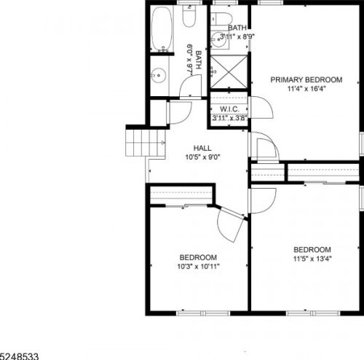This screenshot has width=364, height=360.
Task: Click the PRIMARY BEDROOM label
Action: [x=306, y=79]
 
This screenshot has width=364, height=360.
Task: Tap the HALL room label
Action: [x=202, y=148]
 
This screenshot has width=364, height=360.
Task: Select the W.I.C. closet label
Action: [x=229, y=109]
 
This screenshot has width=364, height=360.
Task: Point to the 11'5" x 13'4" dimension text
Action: [x=312, y=259]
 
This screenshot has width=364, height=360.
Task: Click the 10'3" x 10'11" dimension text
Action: [x=199, y=267]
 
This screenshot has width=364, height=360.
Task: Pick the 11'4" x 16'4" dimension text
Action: [x=306, y=89]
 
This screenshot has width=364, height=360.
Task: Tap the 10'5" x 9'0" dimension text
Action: [x=202, y=157]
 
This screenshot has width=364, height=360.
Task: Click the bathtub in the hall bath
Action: [x=162, y=28]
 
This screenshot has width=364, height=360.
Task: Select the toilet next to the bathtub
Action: [x=189, y=16]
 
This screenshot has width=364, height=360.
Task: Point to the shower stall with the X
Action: [x=229, y=72]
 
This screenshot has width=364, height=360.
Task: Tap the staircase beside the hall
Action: [x=146, y=143]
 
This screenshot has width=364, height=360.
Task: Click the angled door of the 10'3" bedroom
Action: [x=231, y=224]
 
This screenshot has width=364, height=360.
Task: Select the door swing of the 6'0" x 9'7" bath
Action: [x=191, y=86]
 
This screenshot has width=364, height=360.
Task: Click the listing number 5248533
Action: [x=19, y=356]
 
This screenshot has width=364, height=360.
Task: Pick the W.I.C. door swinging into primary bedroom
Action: [x=261, y=108]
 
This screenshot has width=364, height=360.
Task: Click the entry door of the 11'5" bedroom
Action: [x=263, y=200]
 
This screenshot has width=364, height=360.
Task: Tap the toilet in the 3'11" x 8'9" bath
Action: [x=221, y=19]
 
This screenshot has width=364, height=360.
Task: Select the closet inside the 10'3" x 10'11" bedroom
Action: [x=181, y=195]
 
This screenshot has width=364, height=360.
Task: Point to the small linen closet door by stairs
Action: [x=179, y=113]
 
